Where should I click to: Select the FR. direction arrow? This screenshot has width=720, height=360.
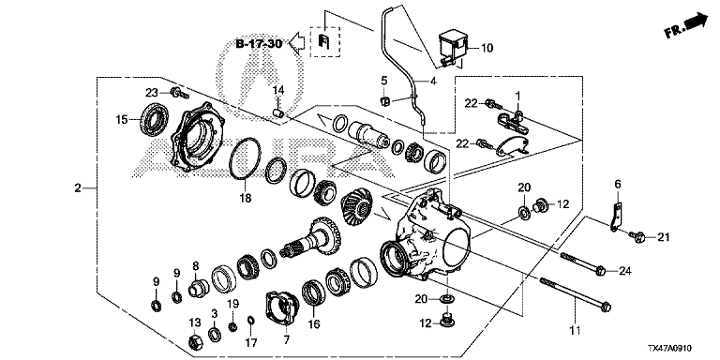click(685, 24)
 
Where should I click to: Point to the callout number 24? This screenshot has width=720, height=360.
click(625, 271)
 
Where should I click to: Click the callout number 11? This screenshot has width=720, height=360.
click(576, 330)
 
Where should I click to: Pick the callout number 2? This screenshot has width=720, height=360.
click(78, 187)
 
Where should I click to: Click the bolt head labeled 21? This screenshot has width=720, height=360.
click(637, 237)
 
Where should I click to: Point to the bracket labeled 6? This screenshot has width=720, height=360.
click(616, 215)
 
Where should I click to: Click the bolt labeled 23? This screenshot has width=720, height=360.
click(178, 94)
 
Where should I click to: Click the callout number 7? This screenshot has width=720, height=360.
click(287, 340)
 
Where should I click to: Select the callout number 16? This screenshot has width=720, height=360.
click(314, 324)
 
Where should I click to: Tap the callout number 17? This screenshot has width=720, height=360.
click(251, 342)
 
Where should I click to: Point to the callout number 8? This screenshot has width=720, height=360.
click(196, 265)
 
